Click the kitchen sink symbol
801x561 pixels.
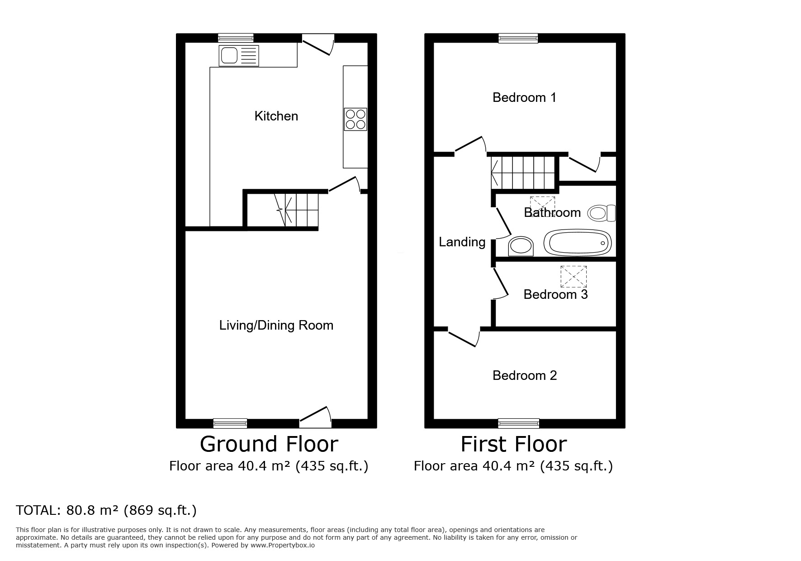[x=239, y=56]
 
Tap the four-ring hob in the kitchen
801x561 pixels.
[x=355, y=119]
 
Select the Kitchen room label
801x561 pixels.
[x=276, y=116]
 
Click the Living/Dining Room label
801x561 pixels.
[x=276, y=325]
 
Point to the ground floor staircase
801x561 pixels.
[x=296, y=210]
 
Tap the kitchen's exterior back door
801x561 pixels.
[x=318, y=45]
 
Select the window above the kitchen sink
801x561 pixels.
[x=235, y=38]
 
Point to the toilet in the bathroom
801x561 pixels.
[x=602, y=213]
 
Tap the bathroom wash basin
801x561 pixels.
[x=521, y=246]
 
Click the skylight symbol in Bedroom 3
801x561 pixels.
[x=573, y=276]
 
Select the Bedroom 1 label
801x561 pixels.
[x=524, y=97]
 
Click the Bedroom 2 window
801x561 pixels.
[x=518, y=423]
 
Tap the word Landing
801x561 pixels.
[x=462, y=242]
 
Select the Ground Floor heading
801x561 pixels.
[x=269, y=444]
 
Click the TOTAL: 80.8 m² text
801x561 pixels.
[x=106, y=510]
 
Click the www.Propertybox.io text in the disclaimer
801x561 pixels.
[x=282, y=545]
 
